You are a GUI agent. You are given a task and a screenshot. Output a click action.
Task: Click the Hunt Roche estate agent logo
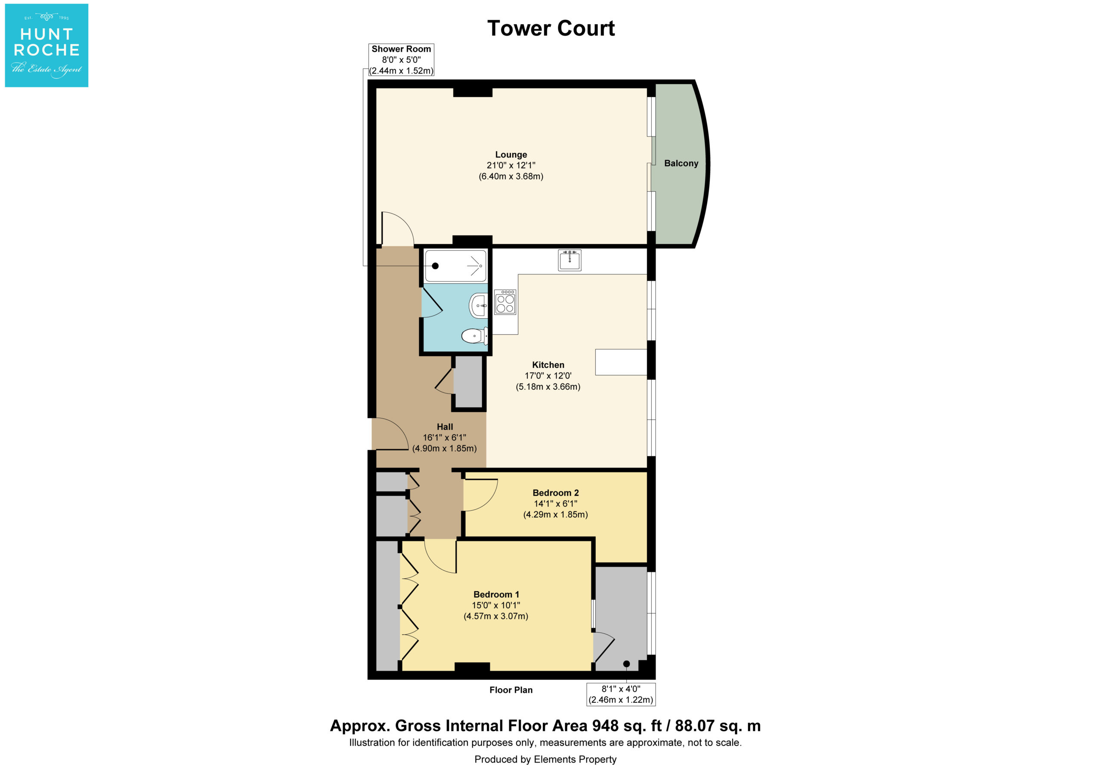[46, 46]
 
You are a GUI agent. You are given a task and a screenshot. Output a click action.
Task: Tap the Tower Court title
[551, 28]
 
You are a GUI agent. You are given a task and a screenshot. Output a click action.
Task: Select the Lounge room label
[511, 155]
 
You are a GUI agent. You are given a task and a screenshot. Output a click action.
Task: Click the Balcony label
[681, 163]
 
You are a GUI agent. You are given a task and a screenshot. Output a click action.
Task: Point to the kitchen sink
[570, 260]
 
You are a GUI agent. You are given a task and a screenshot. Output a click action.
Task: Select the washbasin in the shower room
[479, 305]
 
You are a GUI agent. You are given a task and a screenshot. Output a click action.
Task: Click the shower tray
[455, 266]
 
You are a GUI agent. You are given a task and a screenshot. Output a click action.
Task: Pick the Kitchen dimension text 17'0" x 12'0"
[548, 376]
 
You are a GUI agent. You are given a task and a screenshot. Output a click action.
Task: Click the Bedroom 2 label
[556, 493]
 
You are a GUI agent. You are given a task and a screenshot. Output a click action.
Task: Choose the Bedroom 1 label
[496, 595]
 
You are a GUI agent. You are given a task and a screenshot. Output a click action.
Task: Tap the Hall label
[445, 426]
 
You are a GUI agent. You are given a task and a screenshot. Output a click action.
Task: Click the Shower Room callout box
[401, 59]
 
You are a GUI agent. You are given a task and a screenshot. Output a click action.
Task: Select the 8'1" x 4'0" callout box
[621, 695]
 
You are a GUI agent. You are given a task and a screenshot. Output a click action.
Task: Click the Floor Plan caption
[511, 690]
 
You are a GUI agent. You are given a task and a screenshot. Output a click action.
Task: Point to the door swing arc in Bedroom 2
[491, 500]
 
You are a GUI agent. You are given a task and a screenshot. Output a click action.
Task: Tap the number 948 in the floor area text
[606, 726]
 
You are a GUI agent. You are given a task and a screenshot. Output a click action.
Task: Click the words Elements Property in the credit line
[575, 759]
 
